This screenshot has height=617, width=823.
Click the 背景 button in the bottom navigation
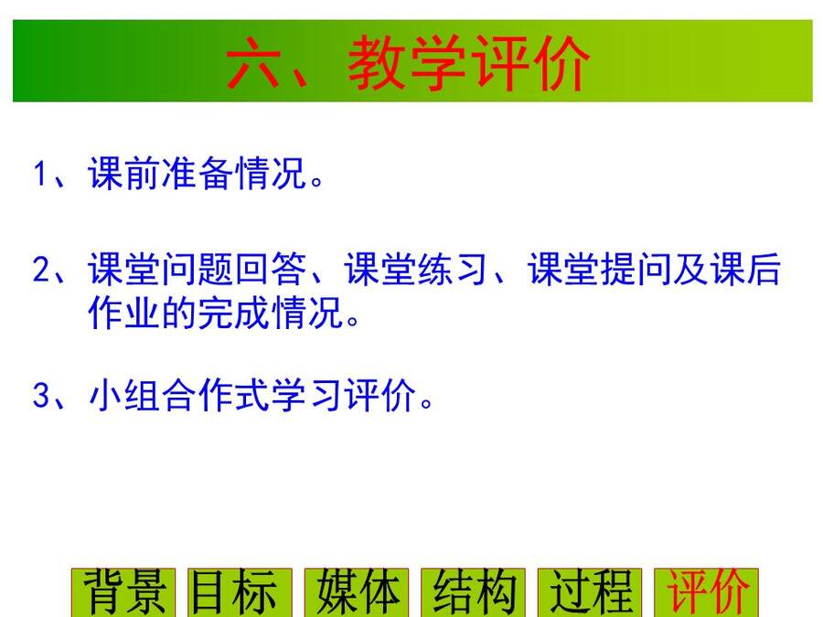123,592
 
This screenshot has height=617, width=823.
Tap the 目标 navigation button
240,592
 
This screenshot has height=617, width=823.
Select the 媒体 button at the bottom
357,592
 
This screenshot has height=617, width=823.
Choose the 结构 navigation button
473,592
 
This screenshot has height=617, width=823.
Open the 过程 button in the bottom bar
590,592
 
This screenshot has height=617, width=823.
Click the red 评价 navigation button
707,592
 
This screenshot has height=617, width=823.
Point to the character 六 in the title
253,62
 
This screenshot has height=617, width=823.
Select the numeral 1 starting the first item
41,173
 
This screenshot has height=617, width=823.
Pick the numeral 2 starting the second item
41,269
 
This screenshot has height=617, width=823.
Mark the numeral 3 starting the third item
41,395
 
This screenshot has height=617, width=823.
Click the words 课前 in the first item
123,173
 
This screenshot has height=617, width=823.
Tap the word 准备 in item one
197,173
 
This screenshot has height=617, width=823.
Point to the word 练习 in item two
453,269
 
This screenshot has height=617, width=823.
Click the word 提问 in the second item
636,269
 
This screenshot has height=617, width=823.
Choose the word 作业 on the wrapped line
123,313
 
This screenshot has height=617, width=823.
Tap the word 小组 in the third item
123,395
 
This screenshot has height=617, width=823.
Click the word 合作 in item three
197,395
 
